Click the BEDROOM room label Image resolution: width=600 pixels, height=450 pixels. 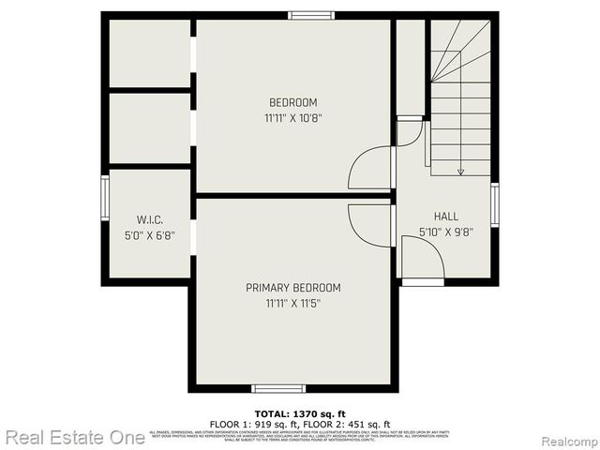tap(292, 102)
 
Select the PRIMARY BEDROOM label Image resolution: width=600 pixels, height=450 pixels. tap(292, 288)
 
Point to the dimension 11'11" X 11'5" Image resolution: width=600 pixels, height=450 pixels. tap(292, 303)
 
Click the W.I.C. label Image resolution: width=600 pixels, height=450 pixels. tap(150, 219)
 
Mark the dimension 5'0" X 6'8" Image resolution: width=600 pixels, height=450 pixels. tap(150, 235)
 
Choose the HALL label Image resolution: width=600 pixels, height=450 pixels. tap(445, 216)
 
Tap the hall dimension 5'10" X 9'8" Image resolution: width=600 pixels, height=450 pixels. tap(445, 232)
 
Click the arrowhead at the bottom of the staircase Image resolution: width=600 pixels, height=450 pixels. tap(460, 172)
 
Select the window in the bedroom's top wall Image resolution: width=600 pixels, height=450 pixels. tap(311, 15)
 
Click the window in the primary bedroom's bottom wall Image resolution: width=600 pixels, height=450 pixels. tap(278, 388)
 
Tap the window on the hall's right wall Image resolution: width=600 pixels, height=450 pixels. tap(494, 204)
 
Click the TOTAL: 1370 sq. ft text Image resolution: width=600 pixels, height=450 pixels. tap(300, 413)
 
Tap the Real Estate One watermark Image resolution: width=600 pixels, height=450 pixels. tap(74, 437)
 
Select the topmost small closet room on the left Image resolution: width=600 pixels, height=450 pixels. tap(150, 52)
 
